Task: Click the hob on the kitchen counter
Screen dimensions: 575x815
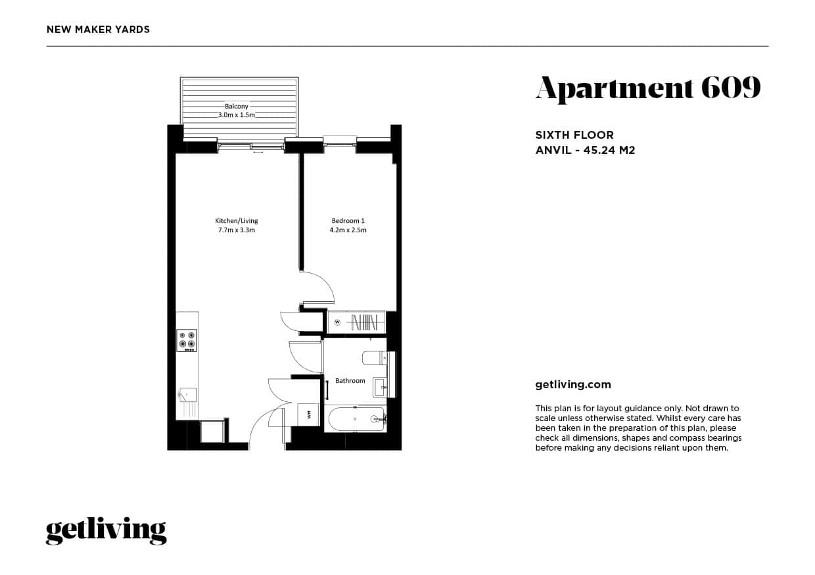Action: point(187,340)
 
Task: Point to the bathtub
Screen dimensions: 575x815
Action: point(356,418)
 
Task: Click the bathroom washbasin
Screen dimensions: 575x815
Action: point(379,386)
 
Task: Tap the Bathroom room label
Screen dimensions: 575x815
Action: point(350,381)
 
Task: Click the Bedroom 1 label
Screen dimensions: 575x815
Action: point(348,220)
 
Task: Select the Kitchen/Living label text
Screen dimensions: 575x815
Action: point(236,220)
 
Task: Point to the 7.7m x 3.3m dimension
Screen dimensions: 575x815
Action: point(236,230)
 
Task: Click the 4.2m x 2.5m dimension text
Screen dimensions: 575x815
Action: point(348,230)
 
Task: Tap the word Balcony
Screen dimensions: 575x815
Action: point(237,106)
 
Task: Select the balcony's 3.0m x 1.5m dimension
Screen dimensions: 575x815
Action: point(237,115)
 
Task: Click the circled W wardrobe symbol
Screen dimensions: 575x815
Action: point(337,322)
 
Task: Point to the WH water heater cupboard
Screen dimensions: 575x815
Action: point(308,413)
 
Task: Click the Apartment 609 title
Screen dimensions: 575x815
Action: point(647,88)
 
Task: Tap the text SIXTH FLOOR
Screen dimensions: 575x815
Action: point(574,136)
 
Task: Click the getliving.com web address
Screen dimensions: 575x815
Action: point(573,385)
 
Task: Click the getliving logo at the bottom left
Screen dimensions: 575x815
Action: point(106,530)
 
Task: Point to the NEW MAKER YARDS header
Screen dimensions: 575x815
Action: point(98,29)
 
